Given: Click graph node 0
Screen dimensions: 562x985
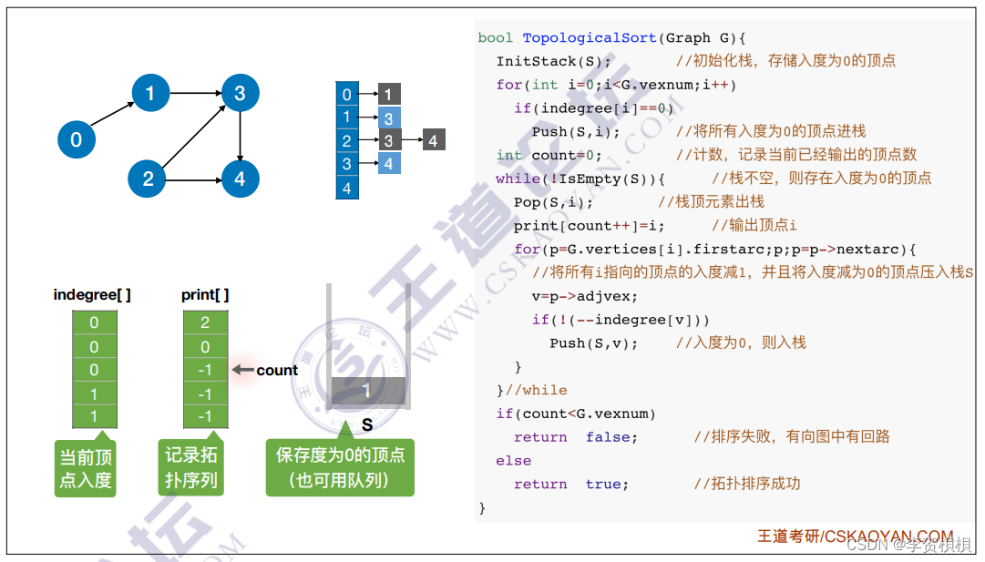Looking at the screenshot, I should [x=76, y=139].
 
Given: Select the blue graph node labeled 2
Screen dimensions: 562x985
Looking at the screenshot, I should [x=148, y=179].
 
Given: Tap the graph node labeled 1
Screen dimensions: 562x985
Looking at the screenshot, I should [x=150, y=92].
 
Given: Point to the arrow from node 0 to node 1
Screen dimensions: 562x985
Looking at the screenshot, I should [x=113, y=116].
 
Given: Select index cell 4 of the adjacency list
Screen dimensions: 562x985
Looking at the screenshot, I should [x=346, y=189].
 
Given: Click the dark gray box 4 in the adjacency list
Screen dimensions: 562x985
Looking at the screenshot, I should [x=433, y=140].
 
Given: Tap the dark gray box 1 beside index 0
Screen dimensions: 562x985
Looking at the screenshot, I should [x=388, y=94].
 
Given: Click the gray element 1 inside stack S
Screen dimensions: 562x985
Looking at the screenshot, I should [x=367, y=391].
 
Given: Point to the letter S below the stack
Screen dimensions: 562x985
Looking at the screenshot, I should [x=367, y=425].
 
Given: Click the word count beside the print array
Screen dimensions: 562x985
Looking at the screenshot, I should [x=277, y=370].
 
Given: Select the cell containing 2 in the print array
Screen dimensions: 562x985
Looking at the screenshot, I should [x=205, y=322].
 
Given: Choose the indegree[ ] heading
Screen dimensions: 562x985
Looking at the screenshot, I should [x=93, y=294].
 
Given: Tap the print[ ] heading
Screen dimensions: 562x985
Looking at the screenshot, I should [x=205, y=294].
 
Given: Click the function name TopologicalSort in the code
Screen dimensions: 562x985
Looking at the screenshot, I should [x=589, y=37].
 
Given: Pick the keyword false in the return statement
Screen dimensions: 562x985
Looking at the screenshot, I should [x=611, y=437].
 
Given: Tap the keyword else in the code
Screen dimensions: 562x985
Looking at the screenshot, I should [x=513, y=461].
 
